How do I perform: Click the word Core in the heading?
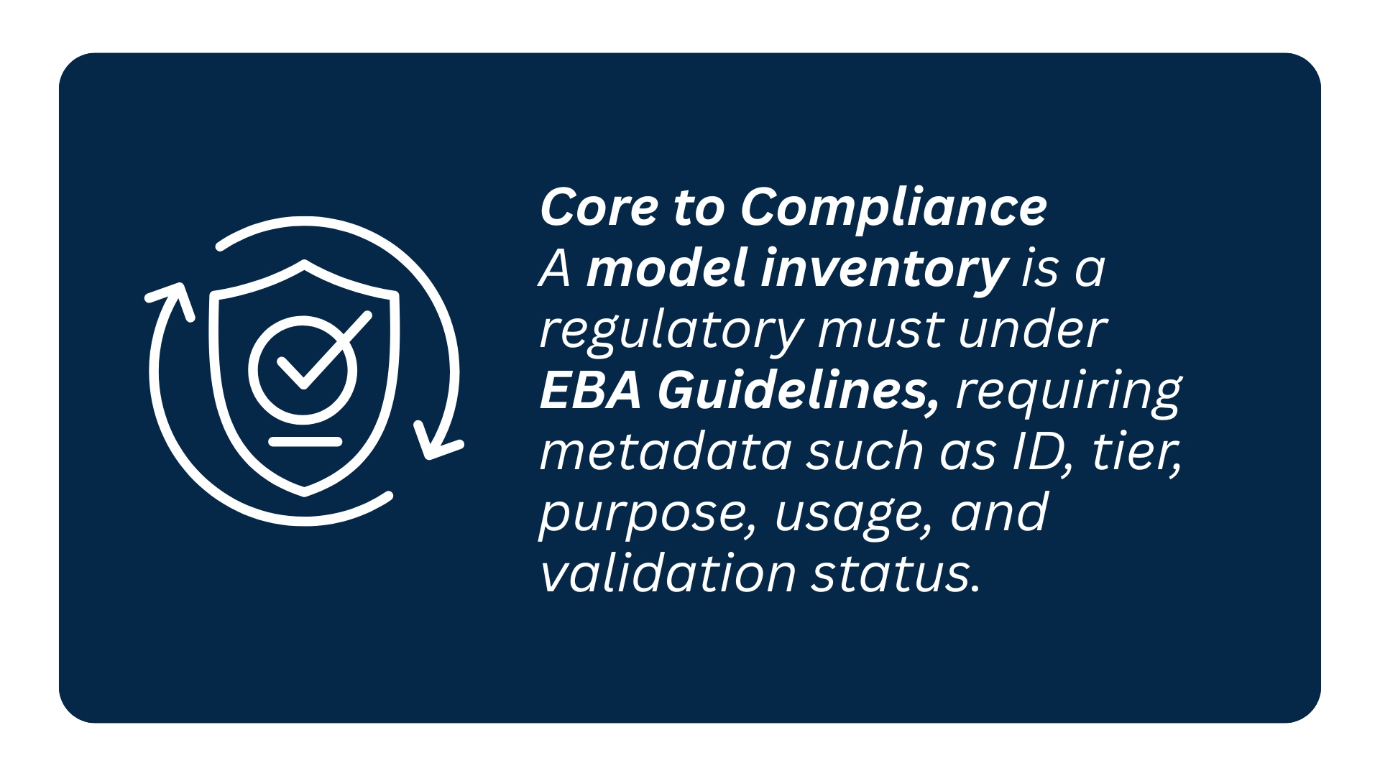[599, 208]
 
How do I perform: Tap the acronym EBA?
[590, 392]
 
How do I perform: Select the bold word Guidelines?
[798, 392]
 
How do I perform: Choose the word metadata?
[666, 453]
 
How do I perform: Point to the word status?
[896, 575]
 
